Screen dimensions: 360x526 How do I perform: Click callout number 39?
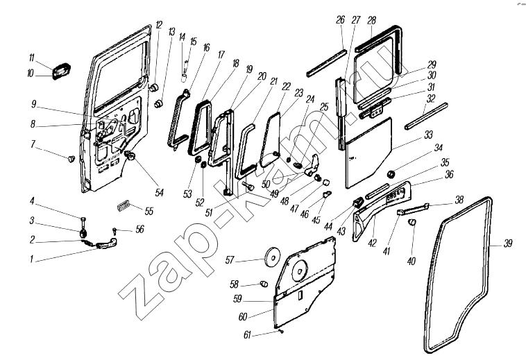tap(509, 244)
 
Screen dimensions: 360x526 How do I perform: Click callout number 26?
tap(341, 20)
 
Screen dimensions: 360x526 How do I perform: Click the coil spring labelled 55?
tap(124, 205)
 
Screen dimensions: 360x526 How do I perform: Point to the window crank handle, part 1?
tap(104, 242)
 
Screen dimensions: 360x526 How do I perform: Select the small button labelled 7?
tap(70, 160)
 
